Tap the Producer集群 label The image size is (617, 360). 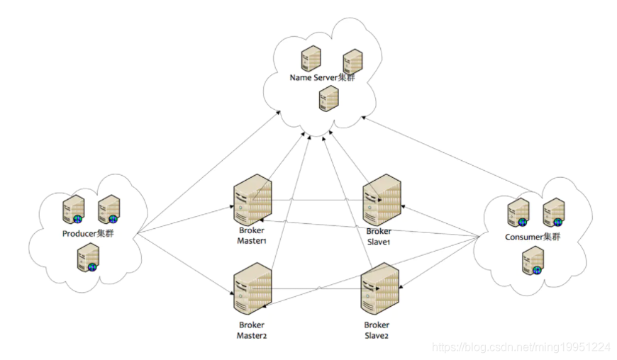pyautogui.click(x=87, y=233)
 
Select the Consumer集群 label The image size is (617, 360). pyautogui.click(x=533, y=237)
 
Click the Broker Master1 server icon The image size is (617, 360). pyautogui.click(x=252, y=203)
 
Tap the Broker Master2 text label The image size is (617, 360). pyautogui.click(x=252, y=330)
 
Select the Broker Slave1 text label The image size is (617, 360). pyautogui.click(x=379, y=237)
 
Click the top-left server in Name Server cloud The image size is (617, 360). pyautogui.click(x=310, y=58)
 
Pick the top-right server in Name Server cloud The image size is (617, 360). pyautogui.click(x=353, y=61)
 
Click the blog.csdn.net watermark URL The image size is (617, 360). pyautogui.click(x=521, y=347)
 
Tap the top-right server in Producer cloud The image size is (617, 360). pyautogui.click(x=108, y=208)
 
